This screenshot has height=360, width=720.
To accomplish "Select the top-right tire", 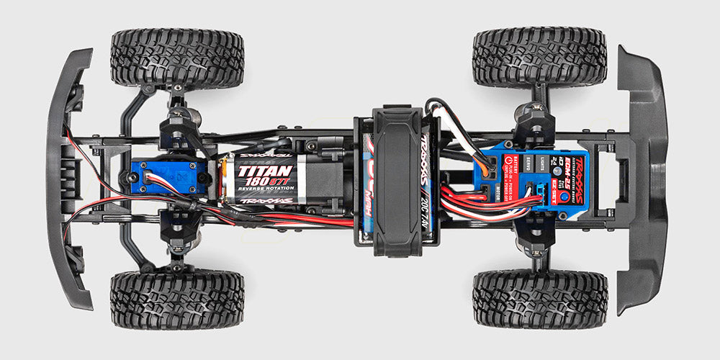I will (539, 58).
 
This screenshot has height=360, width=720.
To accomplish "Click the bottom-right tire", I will (539, 300).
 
